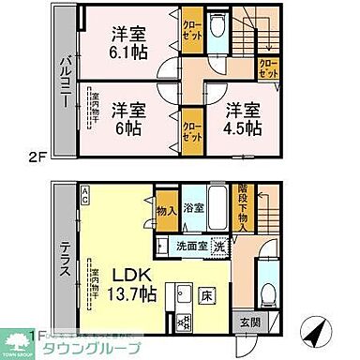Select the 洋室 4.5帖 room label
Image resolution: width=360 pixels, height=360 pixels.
[242, 116]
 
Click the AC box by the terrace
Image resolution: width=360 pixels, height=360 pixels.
[85, 193]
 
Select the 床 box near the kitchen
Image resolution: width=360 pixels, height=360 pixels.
[207, 298]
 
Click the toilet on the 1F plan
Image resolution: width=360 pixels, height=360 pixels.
[267, 292]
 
